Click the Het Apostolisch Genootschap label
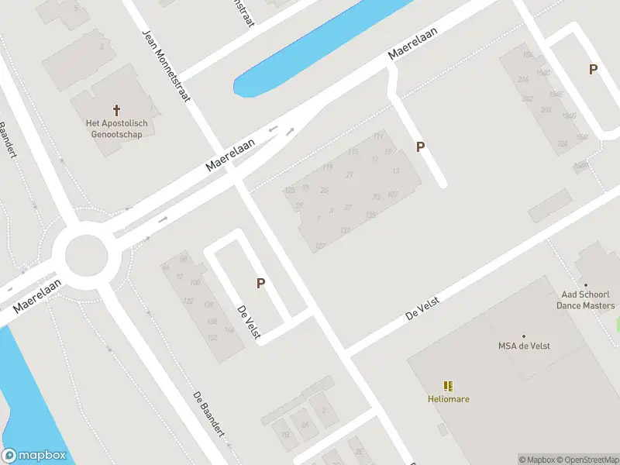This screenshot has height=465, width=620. pos(117,129)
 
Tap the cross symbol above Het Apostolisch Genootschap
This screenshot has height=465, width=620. pos(117,110)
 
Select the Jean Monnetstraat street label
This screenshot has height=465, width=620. pos(166,66)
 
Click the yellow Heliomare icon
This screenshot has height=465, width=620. pos(448,386)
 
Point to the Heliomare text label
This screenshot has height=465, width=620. pos(448,399)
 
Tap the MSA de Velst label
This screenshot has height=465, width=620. pos(524,346)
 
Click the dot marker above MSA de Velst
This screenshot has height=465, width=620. pos(524,336)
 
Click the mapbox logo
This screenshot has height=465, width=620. pos(33,456)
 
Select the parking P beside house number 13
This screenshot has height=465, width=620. pos(421,146)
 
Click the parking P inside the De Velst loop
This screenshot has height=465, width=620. pos(261,284)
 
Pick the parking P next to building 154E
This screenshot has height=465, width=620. pos(594,69)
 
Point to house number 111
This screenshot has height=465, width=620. pos(377,136)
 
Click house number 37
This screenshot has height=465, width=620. pos(348,207)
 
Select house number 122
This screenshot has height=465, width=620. pos(188,301)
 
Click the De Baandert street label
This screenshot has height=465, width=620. pos(208,413)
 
